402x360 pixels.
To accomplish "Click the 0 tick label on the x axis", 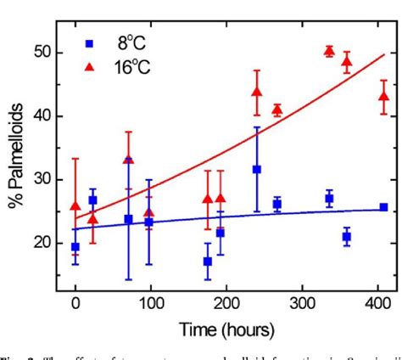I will pyautogui.click(x=75, y=300).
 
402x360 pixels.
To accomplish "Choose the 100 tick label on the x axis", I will pyautogui.click(x=151, y=300).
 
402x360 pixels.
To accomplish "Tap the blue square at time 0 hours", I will pyautogui.click(x=75, y=247).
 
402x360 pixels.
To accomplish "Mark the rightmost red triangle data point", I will pyautogui.click(x=383, y=96).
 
